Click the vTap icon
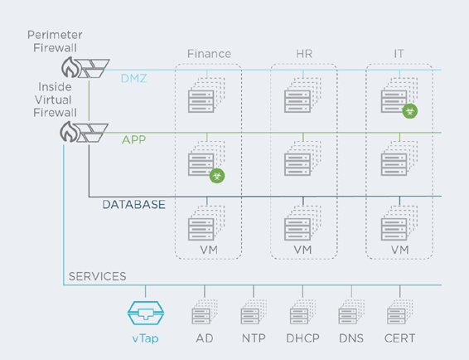click(146, 314)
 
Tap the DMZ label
click(134, 79)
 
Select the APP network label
click(134, 139)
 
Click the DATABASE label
click(133, 205)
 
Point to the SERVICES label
click(98, 276)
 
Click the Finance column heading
click(209, 54)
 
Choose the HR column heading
click(304, 54)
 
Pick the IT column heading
click(399, 54)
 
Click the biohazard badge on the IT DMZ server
click(410, 111)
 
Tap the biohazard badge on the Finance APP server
click(217, 176)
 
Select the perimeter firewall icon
click(85, 67)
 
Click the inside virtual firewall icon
click(84, 132)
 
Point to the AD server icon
click(205, 312)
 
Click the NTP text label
click(254, 338)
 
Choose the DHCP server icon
click(302, 312)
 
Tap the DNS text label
click(351, 338)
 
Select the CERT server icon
click(400, 312)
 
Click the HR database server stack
click(302, 223)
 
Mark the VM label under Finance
click(209, 250)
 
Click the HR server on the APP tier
click(302, 158)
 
